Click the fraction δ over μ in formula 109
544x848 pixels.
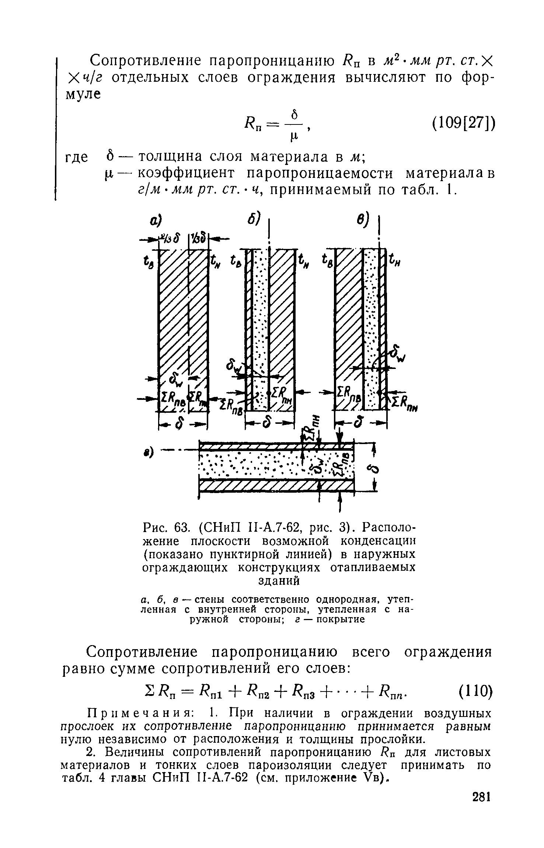coord(294,126)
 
